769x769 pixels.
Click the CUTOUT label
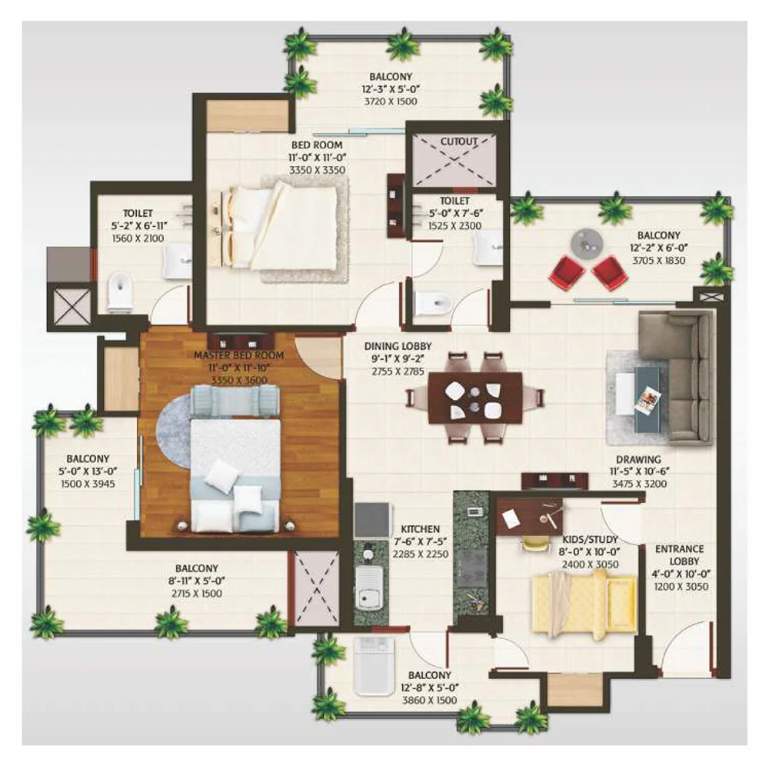click(458, 141)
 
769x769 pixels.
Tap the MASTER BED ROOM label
click(239, 355)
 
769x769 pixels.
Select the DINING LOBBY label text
click(398, 346)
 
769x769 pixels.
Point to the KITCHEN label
click(421, 529)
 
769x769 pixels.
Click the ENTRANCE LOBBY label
click(680, 555)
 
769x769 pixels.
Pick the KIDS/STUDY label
click(590, 539)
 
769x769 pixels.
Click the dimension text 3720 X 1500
click(391, 102)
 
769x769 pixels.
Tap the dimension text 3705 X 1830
click(659, 261)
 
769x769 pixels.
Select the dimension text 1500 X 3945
click(88, 484)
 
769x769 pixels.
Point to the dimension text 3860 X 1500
click(430, 701)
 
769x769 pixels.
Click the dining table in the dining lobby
click(474, 398)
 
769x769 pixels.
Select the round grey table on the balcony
click(587, 241)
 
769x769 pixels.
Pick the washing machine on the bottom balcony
click(375, 665)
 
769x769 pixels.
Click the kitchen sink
click(370, 587)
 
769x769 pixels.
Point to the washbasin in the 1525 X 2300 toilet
click(488, 249)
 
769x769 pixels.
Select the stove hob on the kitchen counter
click(472, 567)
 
